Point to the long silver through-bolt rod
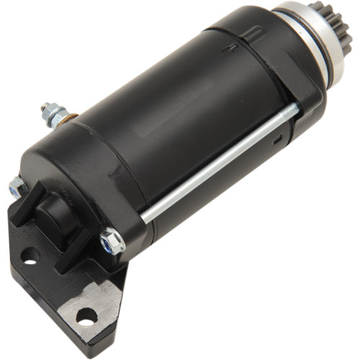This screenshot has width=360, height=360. (x=216, y=166)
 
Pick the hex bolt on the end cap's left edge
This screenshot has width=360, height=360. (x=17, y=189)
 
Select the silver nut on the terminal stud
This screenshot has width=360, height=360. (x=53, y=112)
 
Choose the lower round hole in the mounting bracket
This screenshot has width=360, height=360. (x=86, y=315)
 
